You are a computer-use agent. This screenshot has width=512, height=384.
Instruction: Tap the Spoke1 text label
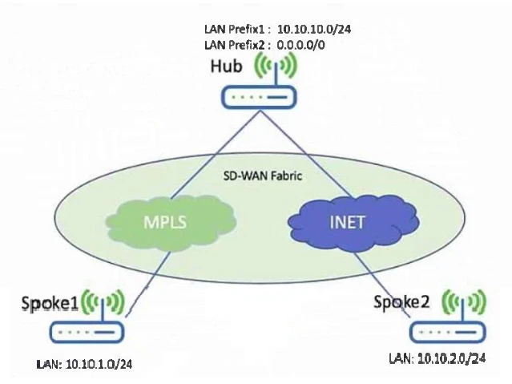50,302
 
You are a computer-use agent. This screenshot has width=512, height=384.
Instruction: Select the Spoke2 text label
401,301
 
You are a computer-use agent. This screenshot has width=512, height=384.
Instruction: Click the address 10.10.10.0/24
314,29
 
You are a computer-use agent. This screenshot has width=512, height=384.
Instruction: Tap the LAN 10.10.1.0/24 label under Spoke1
84,364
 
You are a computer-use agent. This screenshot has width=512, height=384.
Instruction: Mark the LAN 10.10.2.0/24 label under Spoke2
437,358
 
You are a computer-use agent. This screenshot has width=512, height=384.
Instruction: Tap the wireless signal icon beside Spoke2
462,303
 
